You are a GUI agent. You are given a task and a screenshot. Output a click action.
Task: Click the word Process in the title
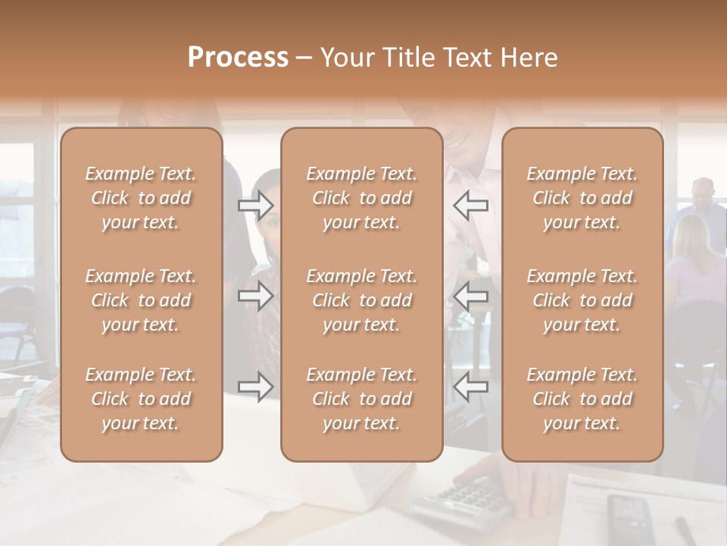pos(238,58)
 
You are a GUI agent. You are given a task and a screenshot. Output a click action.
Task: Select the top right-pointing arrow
pos(256,204)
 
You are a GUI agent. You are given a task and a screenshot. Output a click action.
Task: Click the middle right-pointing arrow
pos(256,296)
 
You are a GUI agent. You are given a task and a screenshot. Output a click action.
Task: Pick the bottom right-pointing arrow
pos(256,387)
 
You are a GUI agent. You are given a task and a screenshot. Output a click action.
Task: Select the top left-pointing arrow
pos(470,204)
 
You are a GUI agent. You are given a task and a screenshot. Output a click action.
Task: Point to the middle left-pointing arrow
pos(470,296)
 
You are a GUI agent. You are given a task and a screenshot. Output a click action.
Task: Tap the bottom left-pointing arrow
pos(470,387)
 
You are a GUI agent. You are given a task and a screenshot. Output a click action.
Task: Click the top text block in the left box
pos(141,198)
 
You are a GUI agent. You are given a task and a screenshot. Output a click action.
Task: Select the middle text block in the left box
pos(141,300)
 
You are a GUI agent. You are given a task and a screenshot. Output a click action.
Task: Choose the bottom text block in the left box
pos(141,399)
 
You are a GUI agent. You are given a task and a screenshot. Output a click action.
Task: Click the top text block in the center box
pos(361,198)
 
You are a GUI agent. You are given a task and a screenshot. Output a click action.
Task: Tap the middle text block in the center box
pos(361,300)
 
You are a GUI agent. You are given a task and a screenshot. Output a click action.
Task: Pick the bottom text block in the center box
pos(361,399)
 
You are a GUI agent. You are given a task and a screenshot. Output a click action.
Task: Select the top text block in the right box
pos(582,198)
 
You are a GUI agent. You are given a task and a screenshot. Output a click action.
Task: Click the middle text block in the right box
pos(582,300)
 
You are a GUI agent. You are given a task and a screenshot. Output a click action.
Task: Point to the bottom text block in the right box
pos(582,399)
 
